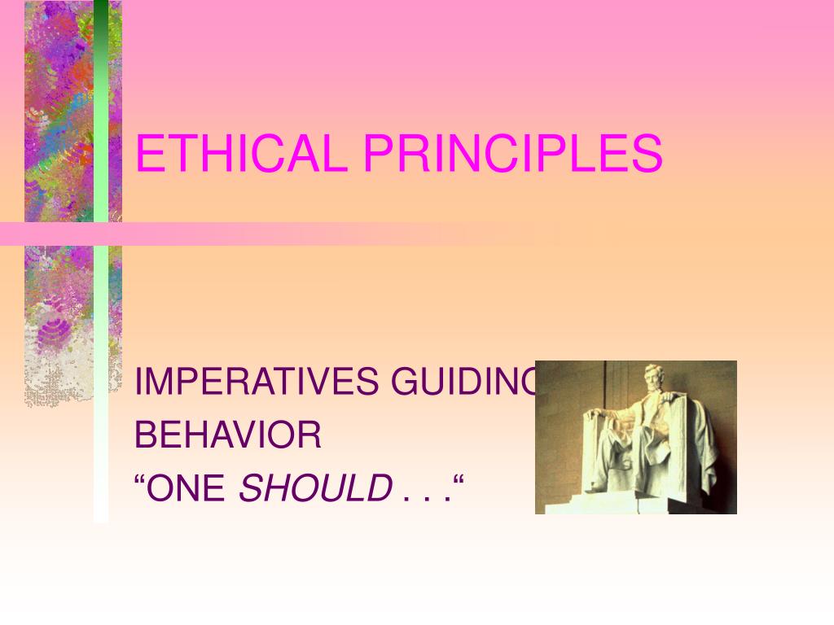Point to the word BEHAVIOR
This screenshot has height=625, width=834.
pos(228,436)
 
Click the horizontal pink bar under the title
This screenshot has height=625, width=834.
pos(326,234)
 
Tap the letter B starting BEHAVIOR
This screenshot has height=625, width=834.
pos(143,436)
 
